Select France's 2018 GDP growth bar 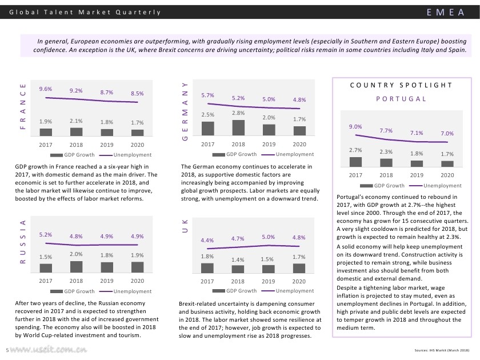tap(76, 131)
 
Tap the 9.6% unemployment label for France tap(46, 89)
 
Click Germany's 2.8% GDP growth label tap(238, 113)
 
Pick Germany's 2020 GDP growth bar tap(299, 131)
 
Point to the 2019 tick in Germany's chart tap(269, 145)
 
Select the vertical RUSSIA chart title tap(23, 242)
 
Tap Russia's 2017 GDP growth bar tap(46, 267)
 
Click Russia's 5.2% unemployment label tap(46, 234)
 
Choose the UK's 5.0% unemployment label tap(269, 237)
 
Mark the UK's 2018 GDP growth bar tap(238, 269)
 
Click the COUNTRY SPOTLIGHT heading tap(401, 85)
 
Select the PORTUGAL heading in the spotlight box tap(401, 99)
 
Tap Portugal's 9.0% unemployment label tap(355, 126)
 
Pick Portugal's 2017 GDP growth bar tap(355, 162)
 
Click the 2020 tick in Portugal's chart tap(447, 175)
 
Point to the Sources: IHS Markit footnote tap(442, 350)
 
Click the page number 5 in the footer tap(6, 350)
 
